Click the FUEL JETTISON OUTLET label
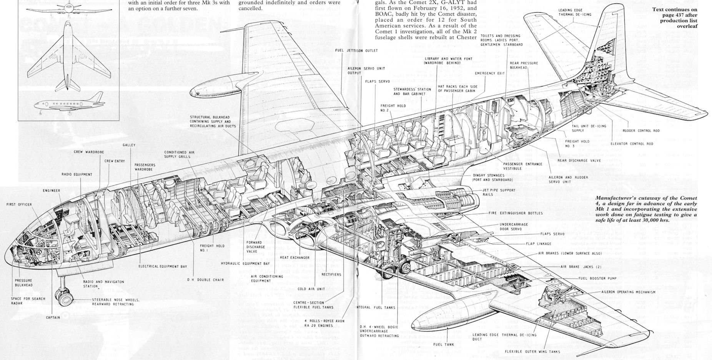[356, 50]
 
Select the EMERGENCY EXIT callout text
[489, 73]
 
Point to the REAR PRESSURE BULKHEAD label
[524, 65]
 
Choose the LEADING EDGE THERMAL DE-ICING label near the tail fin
[575, 12]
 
